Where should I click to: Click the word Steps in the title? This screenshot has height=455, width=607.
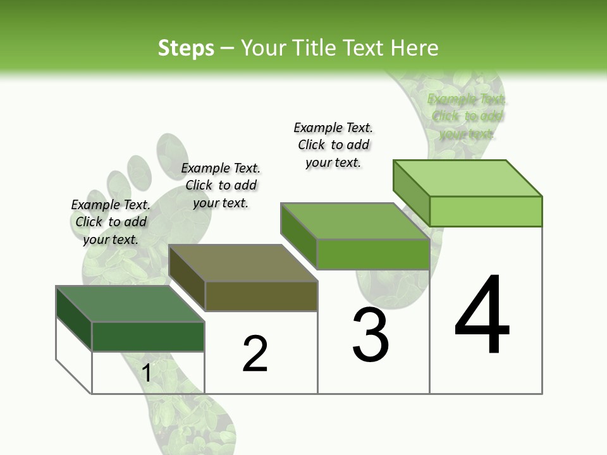[186, 48]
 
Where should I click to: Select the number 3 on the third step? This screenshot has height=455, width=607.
[371, 335]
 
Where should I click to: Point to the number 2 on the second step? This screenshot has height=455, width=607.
[255, 354]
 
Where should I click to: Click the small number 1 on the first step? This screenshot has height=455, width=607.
[146, 373]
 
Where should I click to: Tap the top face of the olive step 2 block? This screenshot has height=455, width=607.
[243, 263]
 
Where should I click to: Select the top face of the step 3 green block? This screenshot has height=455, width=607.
[355, 221]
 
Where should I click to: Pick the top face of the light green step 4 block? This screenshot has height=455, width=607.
[468, 178]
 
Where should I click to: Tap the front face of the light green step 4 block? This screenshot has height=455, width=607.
[486, 211]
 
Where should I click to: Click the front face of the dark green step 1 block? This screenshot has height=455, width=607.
[148, 336]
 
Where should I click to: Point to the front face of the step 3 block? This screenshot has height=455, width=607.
[373, 255]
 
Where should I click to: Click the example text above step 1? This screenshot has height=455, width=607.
[111, 222]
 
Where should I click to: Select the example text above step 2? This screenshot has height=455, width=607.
[221, 185]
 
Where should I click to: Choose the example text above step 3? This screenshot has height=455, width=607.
[333, 145]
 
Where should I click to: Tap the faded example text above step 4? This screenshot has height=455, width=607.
[467, 116]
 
